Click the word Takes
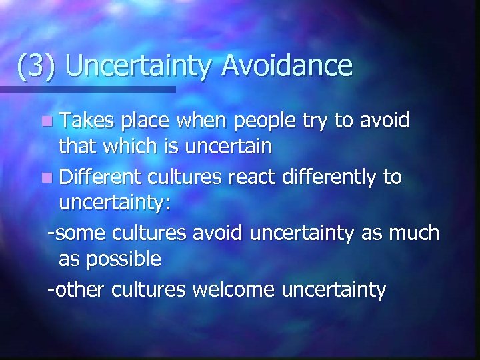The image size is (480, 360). tap(86, 121)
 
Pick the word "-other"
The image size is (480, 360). tap(77, 289)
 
